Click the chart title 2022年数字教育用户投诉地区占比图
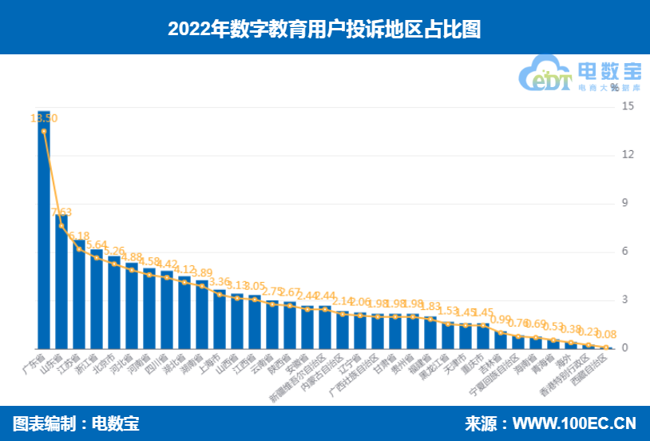coord(324,29)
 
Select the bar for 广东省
coord(44,232)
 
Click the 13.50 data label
coord(44,118)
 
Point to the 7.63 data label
coord(61,213)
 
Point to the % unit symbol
coord(615,86)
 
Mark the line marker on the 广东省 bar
coord(44,131)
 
